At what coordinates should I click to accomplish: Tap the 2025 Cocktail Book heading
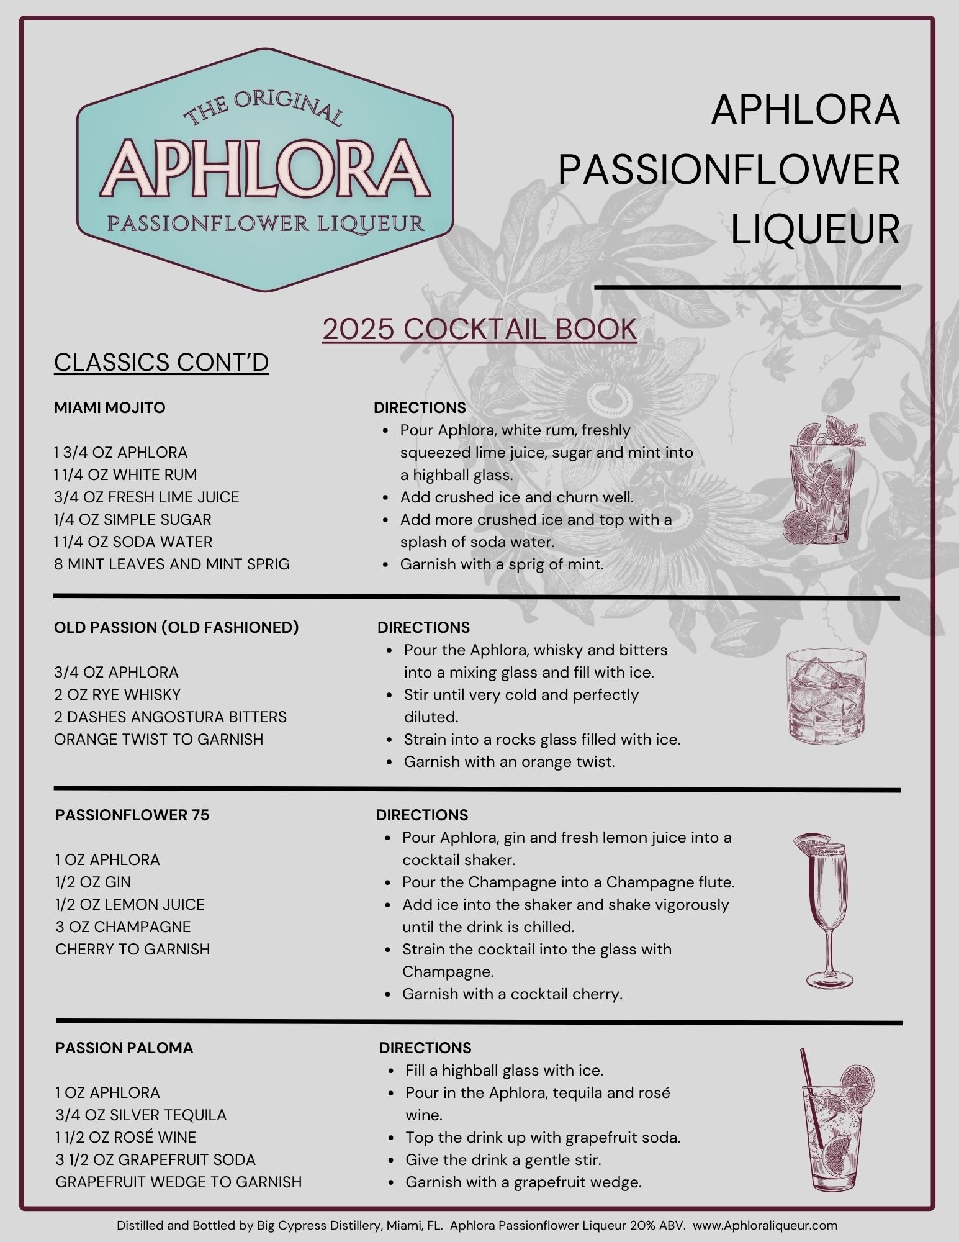click(x=479, y=330)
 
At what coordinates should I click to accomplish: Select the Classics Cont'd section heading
click(x=161, y=363)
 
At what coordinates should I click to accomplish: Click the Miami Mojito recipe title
click(x=110, y=408)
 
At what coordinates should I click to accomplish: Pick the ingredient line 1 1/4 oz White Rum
click(x=125, y=475)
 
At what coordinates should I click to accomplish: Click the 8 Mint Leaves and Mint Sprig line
click(x=172, y=564)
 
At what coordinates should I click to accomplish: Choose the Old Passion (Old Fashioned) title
click(x=176, y=628)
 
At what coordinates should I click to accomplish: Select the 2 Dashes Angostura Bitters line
click(x=170, y=717)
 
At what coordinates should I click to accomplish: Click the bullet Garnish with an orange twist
click(x=509, y=762)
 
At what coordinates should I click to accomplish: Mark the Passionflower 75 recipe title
click(x=132, y=815)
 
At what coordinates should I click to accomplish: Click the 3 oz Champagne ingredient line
click(x=123, y=927)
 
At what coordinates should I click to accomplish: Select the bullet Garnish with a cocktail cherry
click(x=512, y=994)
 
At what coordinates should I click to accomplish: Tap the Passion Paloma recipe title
click(x=124, y=1048)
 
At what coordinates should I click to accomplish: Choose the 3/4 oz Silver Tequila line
click(x=141, y=1115)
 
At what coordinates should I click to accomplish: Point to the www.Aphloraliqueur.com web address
click(x=765, y=1226)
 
